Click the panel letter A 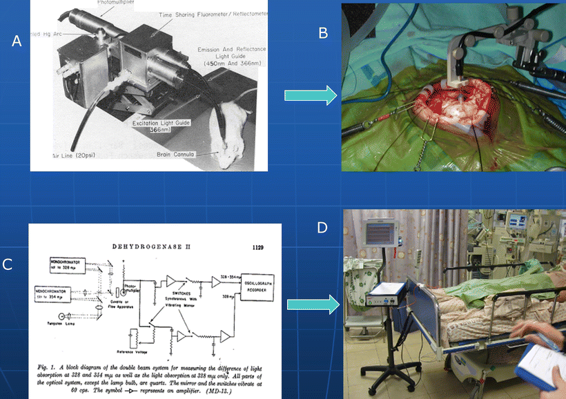tap(17, 41)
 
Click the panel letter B tap(322, 33)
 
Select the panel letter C tap(8, 264)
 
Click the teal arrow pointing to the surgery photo tap(311, 96)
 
